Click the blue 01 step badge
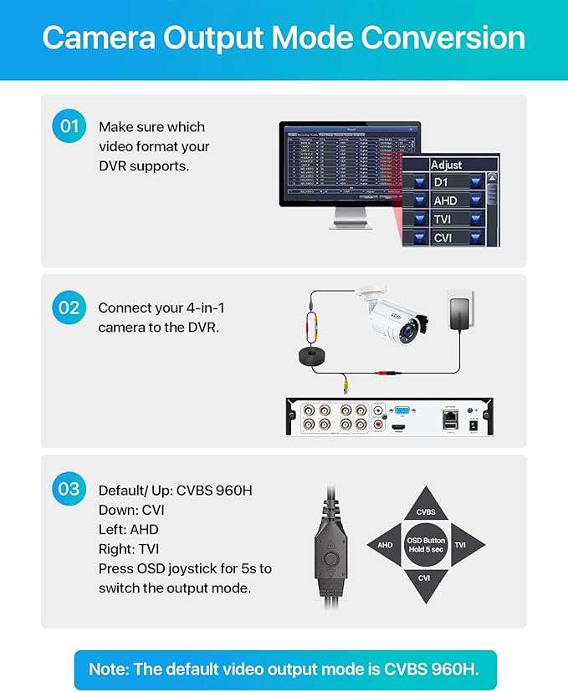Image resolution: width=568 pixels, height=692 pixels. pos(69,126)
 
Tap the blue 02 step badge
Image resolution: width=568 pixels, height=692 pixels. pos(69,307)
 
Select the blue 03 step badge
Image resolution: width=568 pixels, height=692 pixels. pos(69,488)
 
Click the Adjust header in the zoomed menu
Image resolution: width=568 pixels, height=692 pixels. pos(447,165)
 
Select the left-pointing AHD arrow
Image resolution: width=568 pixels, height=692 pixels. pos(385,545)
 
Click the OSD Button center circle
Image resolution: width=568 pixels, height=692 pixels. pos(426,545)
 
